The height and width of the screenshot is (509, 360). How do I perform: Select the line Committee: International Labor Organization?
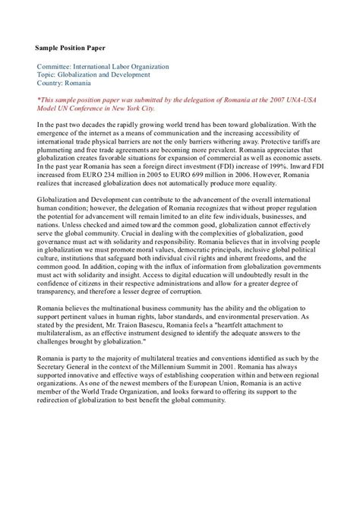pyautogui.click(x=103, y=67)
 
